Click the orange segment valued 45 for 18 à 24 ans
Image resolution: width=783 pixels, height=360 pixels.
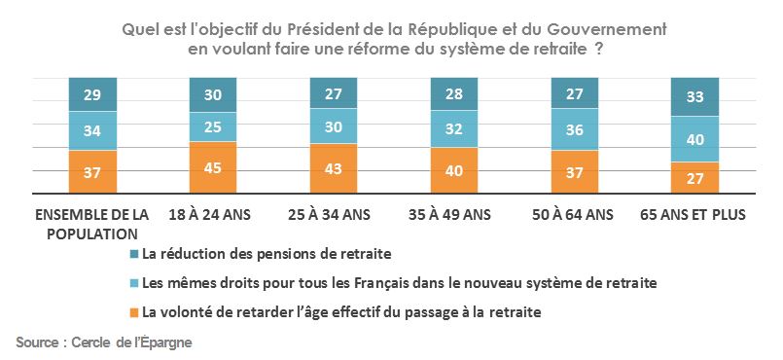[213, 167]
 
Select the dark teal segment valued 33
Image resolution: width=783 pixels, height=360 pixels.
[695, 96]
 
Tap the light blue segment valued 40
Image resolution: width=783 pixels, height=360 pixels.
[695, 139]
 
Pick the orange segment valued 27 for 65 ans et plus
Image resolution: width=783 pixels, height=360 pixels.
[695, 178]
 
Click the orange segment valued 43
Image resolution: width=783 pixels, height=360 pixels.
[334, 168]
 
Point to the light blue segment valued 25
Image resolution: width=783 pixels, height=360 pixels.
[213, 126]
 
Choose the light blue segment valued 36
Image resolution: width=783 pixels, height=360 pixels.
[575, 129]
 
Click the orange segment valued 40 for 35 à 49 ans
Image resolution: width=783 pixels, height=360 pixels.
[454, 170]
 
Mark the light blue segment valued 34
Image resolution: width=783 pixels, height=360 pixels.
[92, 130]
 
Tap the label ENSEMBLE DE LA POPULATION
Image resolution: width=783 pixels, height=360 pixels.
[92, 224]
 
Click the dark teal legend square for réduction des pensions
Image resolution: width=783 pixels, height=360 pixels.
[134, 255]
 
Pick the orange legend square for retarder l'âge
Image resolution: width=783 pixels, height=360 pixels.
[134, 312]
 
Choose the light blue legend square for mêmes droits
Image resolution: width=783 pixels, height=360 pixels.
[134, 283]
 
